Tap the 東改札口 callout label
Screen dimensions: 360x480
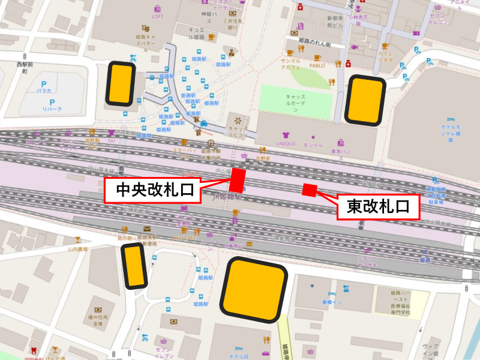pos(377,207)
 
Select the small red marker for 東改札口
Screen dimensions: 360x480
pos(309,190)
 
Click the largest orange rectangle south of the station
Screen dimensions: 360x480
pos(253,289)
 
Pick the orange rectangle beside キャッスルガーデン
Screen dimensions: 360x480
pos(365,100)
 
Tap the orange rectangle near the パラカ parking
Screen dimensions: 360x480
pos(121,83)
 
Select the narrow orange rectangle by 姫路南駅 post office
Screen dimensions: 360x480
pos(134,265)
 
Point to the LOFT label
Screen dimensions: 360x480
pos(157,16)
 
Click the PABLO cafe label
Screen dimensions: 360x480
pos(317,65)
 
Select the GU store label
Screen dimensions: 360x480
pos(112,139)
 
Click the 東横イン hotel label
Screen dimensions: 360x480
pos(331,302)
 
